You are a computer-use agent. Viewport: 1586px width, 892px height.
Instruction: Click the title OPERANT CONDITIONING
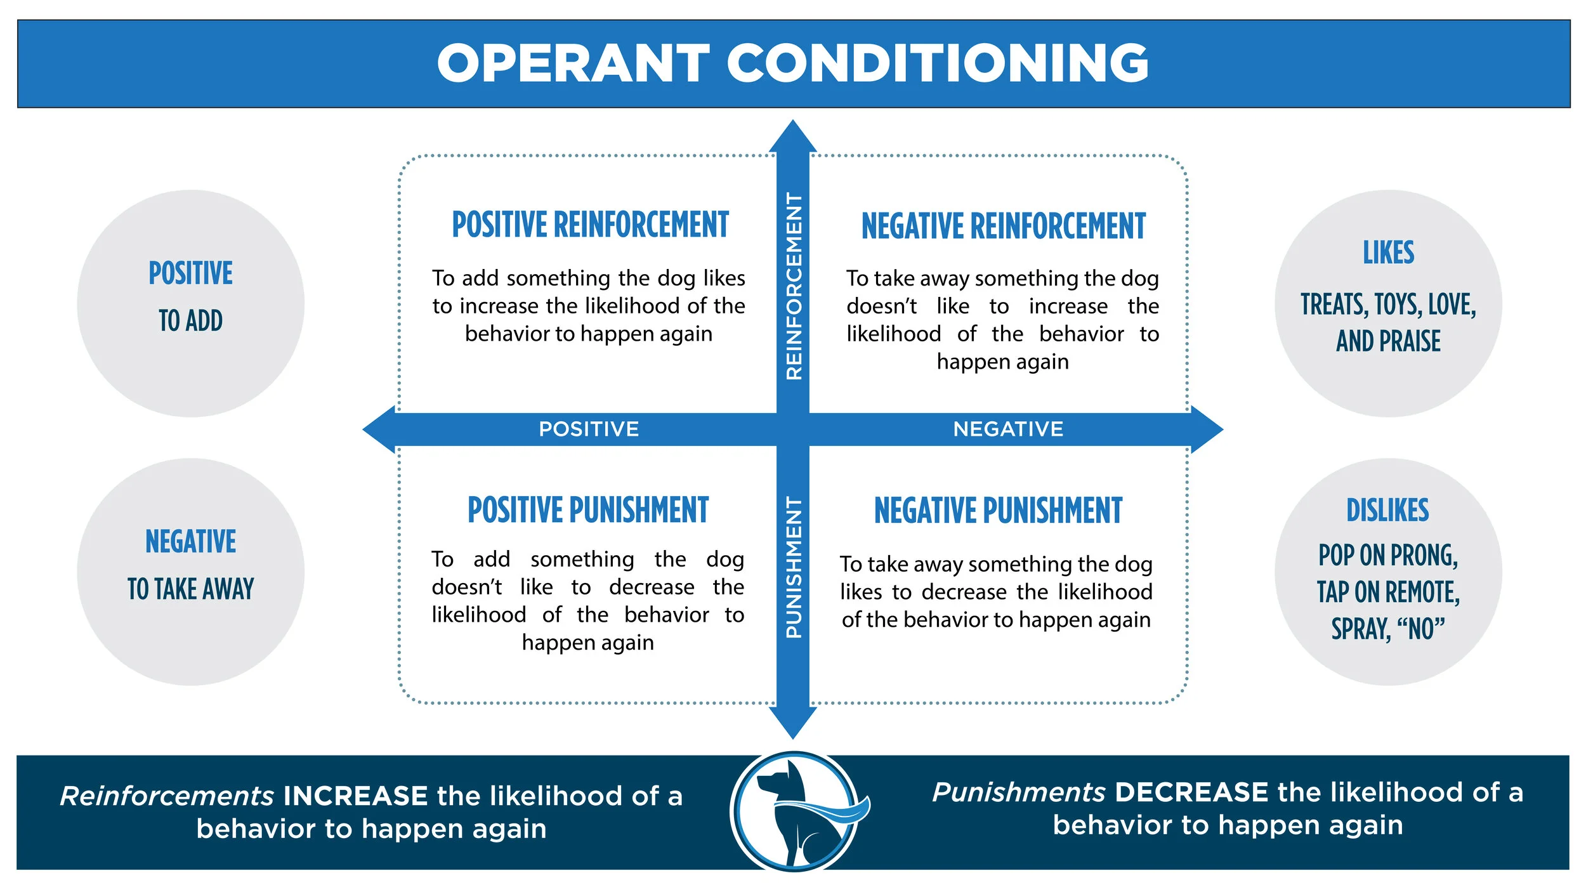(x=793, y=63)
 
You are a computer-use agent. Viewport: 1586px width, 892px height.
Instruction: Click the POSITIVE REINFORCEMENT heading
(x=590, y=225)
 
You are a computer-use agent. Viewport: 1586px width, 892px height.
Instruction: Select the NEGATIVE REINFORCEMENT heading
(x=1004, y=226)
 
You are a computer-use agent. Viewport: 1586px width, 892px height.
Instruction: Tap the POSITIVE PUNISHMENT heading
(x=588, y=510)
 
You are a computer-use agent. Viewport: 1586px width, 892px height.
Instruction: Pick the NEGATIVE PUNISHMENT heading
(x=999, y=511)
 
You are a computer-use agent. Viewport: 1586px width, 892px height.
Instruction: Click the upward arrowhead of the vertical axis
(x=793, y=136)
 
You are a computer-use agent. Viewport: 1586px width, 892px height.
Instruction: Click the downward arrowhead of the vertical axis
(x=793, y=723)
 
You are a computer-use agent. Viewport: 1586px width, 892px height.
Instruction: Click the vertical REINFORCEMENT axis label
(x=794, y=286)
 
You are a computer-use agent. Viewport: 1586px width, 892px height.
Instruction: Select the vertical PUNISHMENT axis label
(x=794, y=567)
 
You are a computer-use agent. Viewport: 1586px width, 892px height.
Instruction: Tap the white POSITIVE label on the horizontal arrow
(x=589, y=430)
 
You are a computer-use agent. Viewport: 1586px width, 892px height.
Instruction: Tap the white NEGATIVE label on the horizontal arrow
(x=1008, y=430)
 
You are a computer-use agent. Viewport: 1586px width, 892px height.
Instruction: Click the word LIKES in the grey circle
(x=1389, y=253)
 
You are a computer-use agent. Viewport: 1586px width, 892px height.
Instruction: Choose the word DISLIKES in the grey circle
(x=1388, y=510)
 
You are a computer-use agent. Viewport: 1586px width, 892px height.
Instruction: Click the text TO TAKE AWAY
(x=190, y=589)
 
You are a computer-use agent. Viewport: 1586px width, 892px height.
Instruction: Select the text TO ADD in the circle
(x=190, y=321)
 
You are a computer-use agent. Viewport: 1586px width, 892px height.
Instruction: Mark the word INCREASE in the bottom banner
(x=355, y=796)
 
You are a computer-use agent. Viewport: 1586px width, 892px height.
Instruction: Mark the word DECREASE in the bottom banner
(x=1191, y=793)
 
